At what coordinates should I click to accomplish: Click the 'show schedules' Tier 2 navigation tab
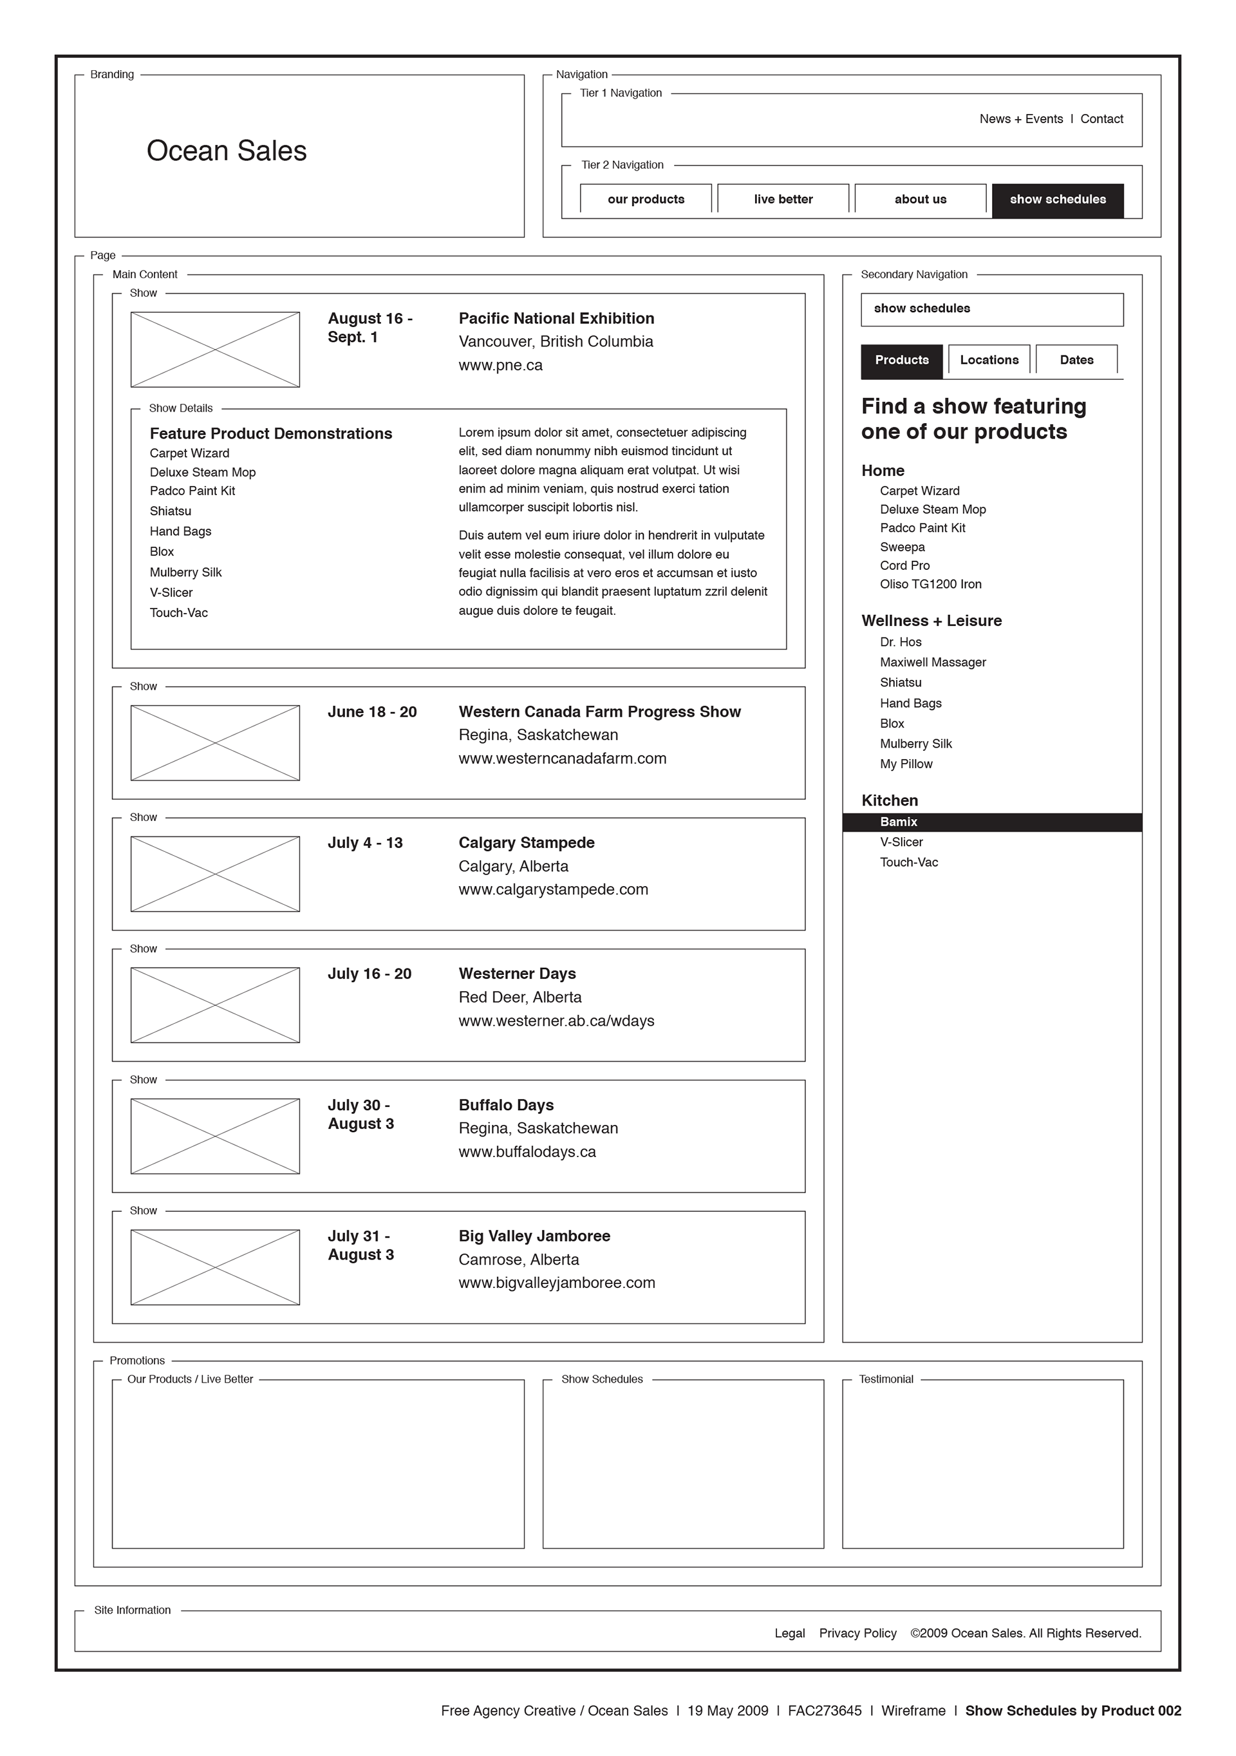coord(1057,200)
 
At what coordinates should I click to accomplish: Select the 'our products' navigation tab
coord(646,200)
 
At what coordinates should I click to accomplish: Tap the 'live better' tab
coord(783,200)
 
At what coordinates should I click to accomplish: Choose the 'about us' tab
coord(921,200)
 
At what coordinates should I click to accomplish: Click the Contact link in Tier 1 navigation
coord(1101,119)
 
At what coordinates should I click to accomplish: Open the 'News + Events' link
coord(1020,119)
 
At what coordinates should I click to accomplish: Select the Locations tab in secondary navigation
coord(988,360)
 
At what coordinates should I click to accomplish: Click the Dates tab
coord(1076,360)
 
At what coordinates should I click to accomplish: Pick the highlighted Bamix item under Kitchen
coord(898,822)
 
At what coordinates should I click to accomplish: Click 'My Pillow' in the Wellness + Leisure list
coord(906,764)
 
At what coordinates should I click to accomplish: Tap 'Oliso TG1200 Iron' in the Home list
coord(930,584)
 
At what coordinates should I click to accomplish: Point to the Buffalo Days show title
coord(506,1105)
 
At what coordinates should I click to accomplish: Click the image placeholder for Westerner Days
coord(215,1005)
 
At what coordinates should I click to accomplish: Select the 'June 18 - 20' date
coord(372,712)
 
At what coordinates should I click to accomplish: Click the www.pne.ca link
coord(500,366)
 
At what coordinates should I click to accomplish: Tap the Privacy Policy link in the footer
coord(857,1634)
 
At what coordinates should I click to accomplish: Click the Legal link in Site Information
coord(790,1634)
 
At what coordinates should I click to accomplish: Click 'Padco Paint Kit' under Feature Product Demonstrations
coord(192,491)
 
